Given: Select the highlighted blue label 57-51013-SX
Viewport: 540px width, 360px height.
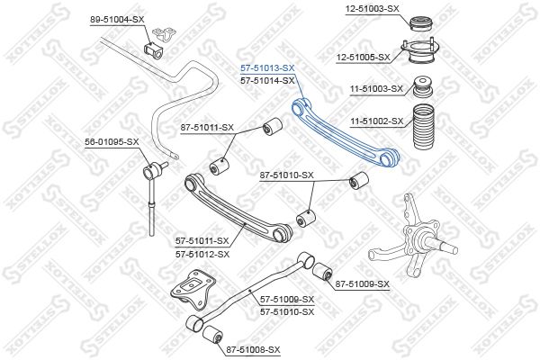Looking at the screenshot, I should pos(267,67).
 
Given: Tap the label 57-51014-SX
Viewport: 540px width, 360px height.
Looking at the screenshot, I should pos(267,80).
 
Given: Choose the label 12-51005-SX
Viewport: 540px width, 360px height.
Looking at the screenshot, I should pos(363,57).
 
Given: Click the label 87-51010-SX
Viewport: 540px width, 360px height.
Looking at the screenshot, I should pos(286,175).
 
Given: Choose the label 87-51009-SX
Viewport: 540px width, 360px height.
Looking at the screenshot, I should pos(362,284).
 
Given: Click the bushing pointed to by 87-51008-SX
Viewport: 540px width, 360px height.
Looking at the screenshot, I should pos(212,336).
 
